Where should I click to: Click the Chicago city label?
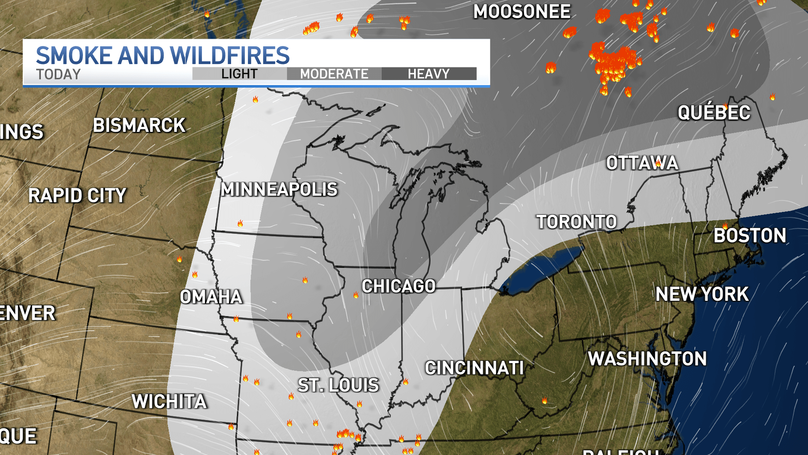point(399,286)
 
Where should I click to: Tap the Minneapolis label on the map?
point(279,190)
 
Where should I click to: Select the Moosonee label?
point(522,12)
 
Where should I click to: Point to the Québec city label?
point(714,112)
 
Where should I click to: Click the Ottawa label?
point(642,163)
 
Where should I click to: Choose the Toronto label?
point(576,222)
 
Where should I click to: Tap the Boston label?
point(750,236)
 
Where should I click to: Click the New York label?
point(702,294)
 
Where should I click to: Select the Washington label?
point(647,359)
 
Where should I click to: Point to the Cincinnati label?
point(474,368)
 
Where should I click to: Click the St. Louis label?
point(338,385)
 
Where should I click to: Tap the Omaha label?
point(211,297)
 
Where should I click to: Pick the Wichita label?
point(169,401)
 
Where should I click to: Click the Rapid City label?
point(77,195)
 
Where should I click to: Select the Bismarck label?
point(139,126)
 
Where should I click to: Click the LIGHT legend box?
point(239,74)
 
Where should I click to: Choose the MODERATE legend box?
point(334,74)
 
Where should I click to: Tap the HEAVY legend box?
point(429,74)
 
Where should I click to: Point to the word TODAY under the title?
point(58,75)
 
